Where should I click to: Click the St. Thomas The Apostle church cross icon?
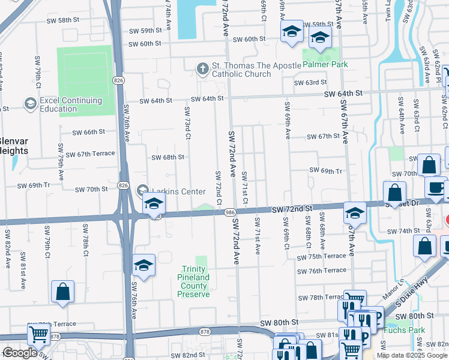point(202,68)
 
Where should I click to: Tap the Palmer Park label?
point(325,64)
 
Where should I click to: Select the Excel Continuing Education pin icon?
point(29,104)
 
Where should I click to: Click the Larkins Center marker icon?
point(142,190)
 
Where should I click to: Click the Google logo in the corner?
point(20,353)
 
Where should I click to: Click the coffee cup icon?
point(435,187)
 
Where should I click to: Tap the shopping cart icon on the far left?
point(38,335)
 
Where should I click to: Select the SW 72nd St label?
point(292,209)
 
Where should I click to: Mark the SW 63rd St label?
point(310,82)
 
